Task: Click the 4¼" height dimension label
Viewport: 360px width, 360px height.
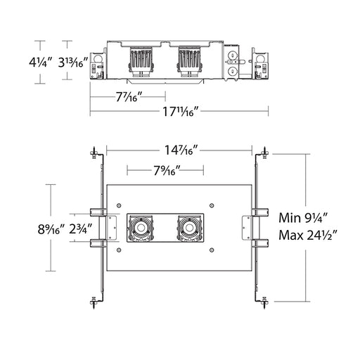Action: click(x=40, y=63)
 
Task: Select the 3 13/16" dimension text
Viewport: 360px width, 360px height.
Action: click(x=73, y=63)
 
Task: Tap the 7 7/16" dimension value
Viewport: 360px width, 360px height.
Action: click(x=129, y=96)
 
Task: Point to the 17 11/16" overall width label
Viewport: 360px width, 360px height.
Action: click(x=181, y=111)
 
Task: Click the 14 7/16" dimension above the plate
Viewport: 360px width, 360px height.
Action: click(x=182, y=150)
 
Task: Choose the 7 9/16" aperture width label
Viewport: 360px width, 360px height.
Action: click(x=167, y=170)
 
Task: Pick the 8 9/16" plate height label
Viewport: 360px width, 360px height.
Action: click(x=51, y=229)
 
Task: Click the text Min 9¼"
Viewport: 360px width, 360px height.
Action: click(x=304, y=218)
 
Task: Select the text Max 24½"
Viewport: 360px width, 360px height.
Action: click(x=308, y=235)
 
